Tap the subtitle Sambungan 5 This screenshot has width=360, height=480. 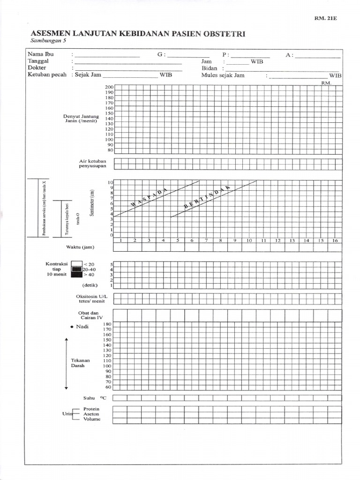[47, 42]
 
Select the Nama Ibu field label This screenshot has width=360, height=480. [41, 54]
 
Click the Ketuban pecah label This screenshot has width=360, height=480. [47, 75]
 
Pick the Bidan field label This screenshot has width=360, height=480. [209, 68]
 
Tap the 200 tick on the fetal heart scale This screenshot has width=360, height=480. [109, 88]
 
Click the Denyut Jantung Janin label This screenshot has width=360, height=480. [82, 118]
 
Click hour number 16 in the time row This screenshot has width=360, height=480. [335, 240]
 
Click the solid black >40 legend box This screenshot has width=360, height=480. [76, 275]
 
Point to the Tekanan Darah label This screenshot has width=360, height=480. [77, 363]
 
